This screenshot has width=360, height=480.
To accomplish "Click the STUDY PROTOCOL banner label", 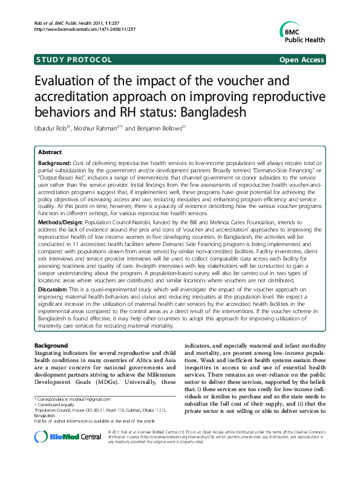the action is (74, 59).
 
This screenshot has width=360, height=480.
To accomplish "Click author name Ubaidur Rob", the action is (52, 129).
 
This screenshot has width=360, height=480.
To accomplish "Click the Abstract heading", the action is (50, 153).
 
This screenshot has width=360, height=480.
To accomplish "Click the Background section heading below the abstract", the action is (51, 346).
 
